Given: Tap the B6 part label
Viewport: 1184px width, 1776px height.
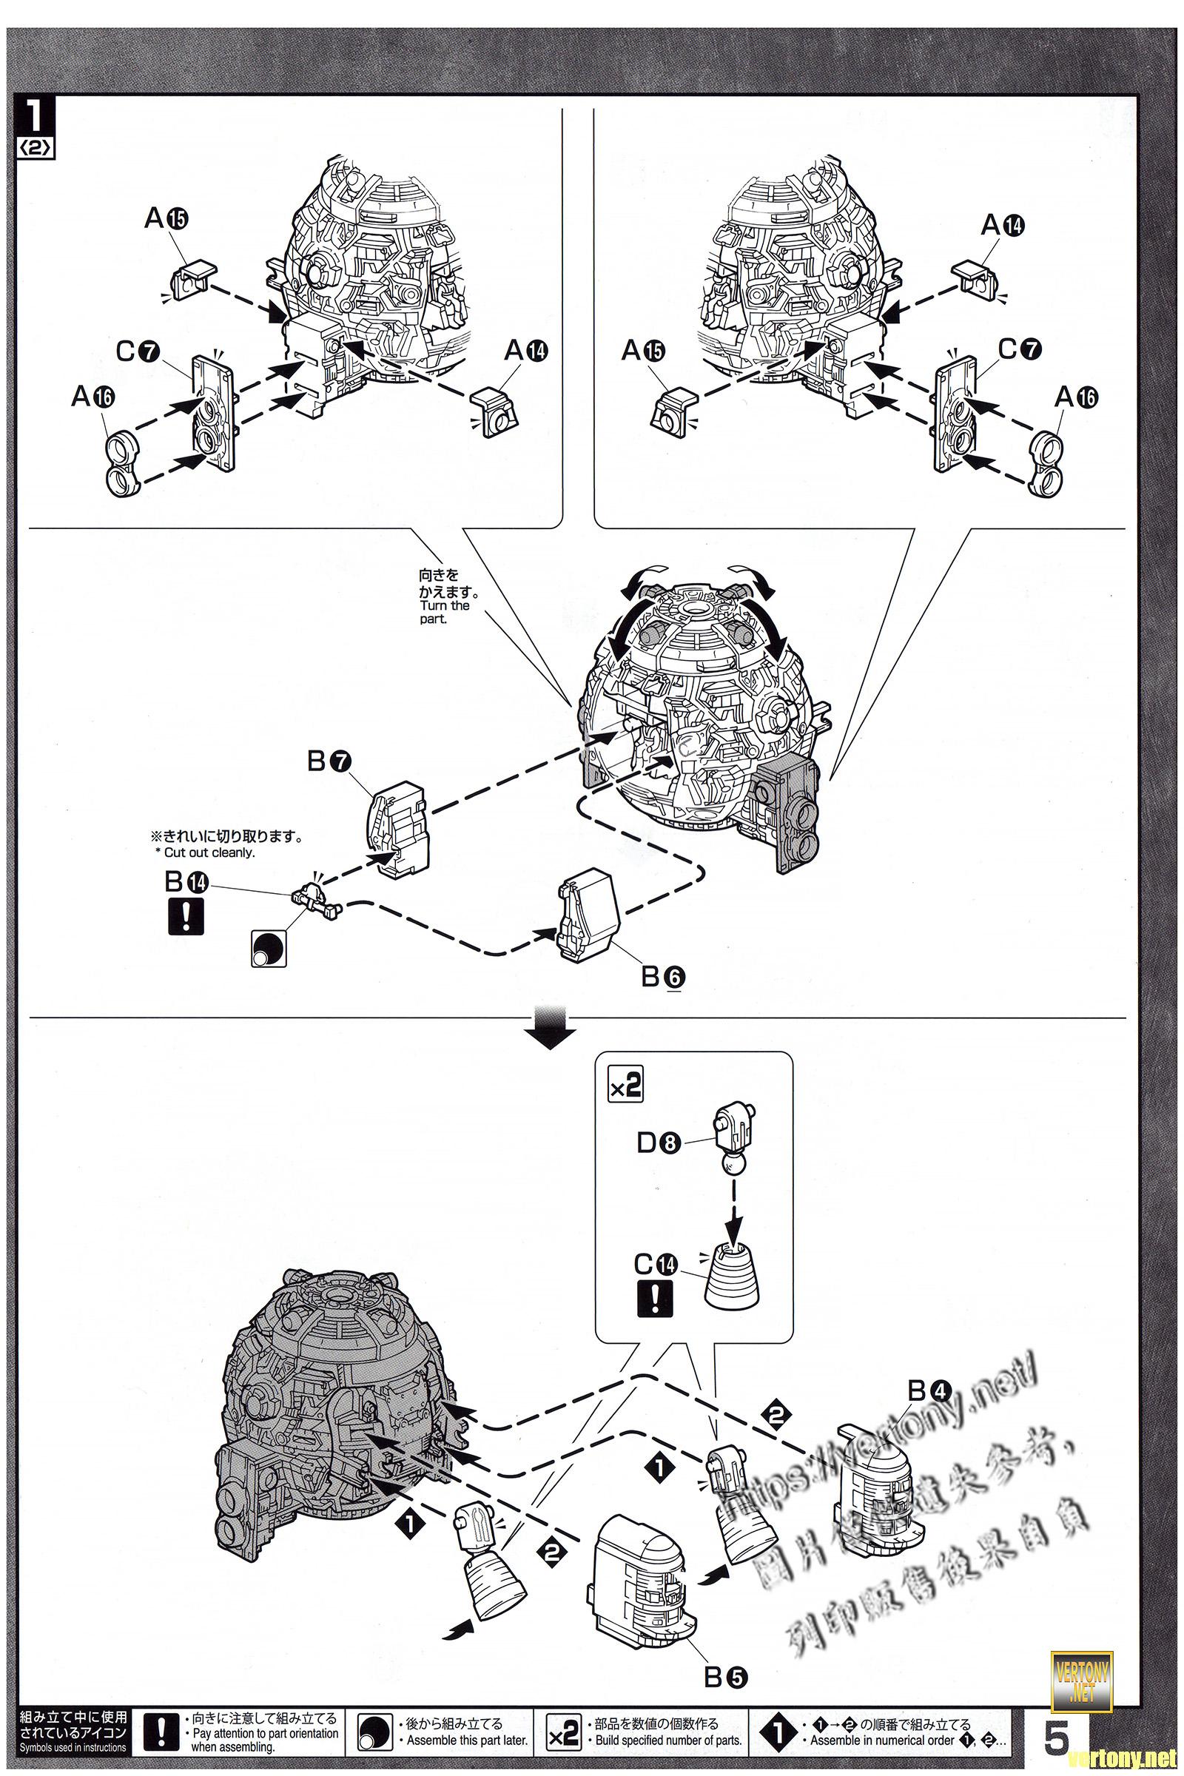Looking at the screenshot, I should point(663,978).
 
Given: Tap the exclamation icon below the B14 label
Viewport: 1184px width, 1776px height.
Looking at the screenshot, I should point(184,916).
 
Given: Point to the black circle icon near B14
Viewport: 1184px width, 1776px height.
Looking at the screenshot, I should point(269,947).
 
